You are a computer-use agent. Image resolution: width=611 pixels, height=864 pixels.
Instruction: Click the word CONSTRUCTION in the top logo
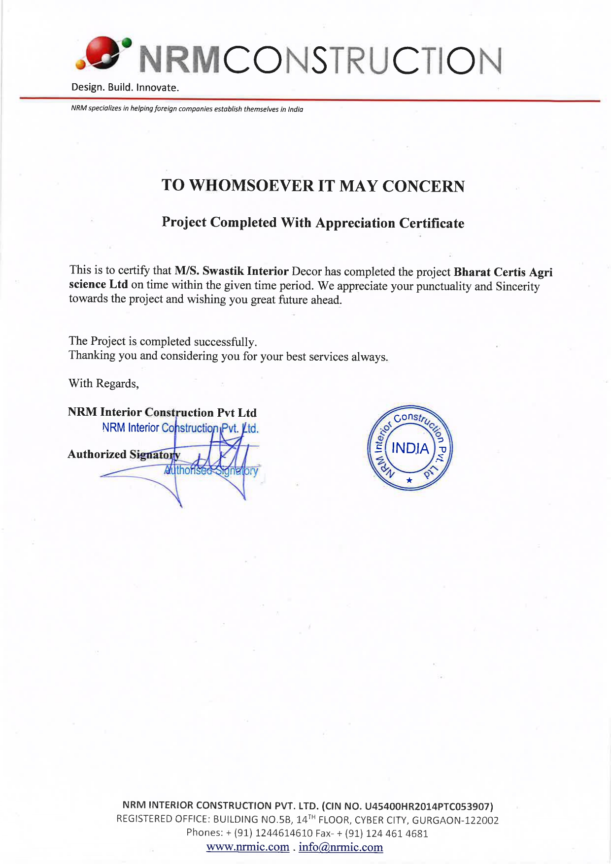(363, 61)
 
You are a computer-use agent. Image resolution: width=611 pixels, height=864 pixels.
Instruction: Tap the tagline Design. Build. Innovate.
(125, 88)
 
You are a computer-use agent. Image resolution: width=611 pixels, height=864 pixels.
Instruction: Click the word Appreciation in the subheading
(355, 223)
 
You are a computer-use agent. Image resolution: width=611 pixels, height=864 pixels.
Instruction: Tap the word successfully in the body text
(225, 342)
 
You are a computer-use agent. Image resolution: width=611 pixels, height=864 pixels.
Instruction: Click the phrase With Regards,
(103, 384)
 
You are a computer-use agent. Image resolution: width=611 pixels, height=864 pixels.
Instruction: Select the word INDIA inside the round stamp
(410, 448)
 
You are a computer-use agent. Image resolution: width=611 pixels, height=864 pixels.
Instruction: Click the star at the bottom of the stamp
(409, 480)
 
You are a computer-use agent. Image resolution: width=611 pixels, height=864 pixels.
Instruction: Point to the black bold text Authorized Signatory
(124, 454)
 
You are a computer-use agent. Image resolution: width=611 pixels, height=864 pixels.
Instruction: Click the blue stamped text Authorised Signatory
(211, 470)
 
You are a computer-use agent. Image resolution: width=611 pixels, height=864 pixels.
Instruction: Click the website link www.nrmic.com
(248, 847)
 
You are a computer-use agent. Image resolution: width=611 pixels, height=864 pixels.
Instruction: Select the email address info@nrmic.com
(340, 847)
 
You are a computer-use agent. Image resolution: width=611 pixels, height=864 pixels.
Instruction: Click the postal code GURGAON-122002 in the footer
(455, 820)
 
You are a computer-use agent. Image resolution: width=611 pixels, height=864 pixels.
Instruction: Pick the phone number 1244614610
(284, 833)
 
